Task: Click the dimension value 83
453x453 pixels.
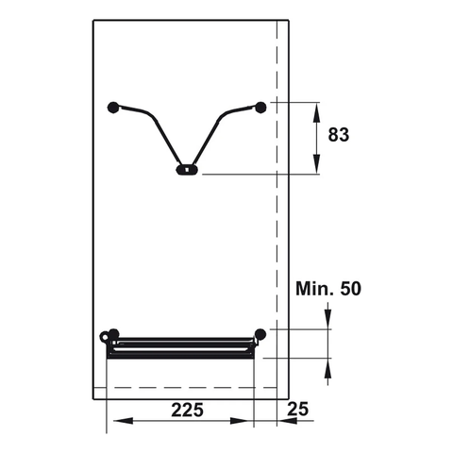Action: pos(339,135)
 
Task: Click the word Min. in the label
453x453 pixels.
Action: pos(315,288)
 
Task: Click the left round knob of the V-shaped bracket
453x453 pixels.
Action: pos(114,107)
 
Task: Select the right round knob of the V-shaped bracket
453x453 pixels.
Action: pos(260,107)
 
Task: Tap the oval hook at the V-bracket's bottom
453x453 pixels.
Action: pos(187,171)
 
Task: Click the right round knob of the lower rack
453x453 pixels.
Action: pos(260,333)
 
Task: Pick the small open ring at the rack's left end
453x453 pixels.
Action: pos(105,335)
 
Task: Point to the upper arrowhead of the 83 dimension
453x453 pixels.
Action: pos(315,108)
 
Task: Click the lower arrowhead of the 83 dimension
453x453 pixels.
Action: pos(315,167)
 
